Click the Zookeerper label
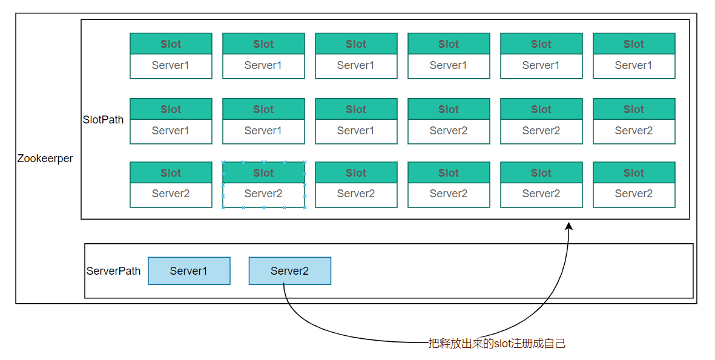[x=45, y=159]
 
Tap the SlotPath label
[x=103, y=120]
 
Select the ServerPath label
[x=114, y=270]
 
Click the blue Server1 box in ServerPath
[x=189, y=270]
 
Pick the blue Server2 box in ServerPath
[x=290, y=270]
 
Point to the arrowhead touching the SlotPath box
[x=568, y=226]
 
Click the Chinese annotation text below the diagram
[x=497, y=343]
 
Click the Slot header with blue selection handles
[x=263, y=172]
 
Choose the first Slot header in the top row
[x=171, y=44]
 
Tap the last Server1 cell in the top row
[x=634, y=66]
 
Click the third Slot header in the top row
[x=356, y=44]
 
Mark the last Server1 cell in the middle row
[x=356, y=131]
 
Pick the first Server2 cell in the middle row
[x=449, y=131]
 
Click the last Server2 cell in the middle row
[x=634, y=131]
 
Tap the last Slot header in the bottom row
[x=634, y=172]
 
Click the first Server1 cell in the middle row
[x=171, y=131]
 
